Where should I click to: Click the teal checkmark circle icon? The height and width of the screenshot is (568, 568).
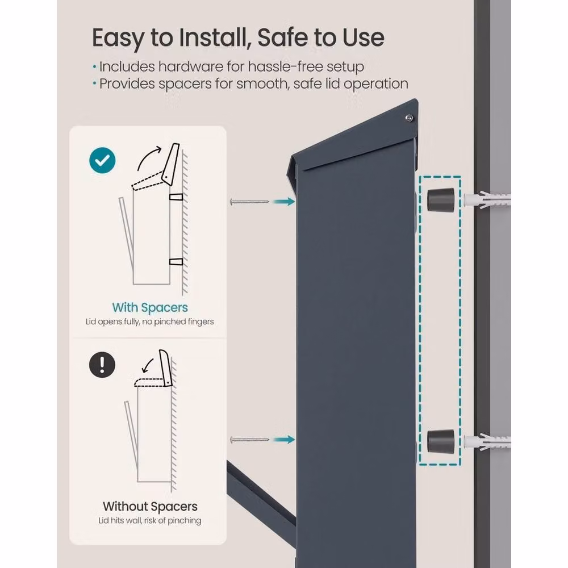[x=102, y=161]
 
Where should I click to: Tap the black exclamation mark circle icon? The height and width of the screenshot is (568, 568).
[x=102, y=365]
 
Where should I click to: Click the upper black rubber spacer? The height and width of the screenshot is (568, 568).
[x=441, y=199]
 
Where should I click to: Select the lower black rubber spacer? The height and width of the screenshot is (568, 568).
[x=441, y=441]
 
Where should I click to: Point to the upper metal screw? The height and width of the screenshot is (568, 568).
[x=249, y=202]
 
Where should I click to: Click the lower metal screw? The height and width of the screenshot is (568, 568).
[x=249, y=440]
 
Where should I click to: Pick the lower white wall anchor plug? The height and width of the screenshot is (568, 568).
[x=487, y=441]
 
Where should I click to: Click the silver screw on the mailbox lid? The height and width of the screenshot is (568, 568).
[x=409, y=118]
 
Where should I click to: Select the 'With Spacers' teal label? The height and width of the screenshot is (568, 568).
[x=150, y=307]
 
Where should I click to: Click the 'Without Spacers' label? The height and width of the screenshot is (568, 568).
[x=150, y=507]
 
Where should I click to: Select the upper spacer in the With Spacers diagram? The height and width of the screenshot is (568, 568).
[x=176, y=198]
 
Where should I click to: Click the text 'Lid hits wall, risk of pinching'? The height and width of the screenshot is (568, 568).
[x=149, y=520]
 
